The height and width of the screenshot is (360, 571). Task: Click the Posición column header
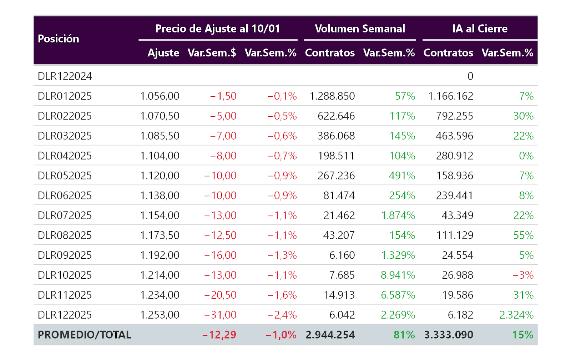pos(59,39)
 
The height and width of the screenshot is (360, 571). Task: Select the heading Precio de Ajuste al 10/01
pos(218,29)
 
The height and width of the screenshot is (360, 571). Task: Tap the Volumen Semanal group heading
pos(360,29)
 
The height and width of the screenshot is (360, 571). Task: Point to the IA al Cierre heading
pos(480,29)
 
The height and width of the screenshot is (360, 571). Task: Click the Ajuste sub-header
pos(163,53)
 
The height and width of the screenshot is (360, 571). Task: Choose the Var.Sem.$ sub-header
pos(212,53)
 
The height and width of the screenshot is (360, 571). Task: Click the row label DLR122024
pos(65,76)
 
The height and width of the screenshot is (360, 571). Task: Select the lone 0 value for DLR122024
pos(470,76)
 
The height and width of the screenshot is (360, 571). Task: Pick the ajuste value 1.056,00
pos(160,96)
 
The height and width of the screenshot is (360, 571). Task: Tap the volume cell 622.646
pos(336,116)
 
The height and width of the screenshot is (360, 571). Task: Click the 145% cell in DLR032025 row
pos(402,136)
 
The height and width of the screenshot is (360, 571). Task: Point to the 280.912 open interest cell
pos(455,156)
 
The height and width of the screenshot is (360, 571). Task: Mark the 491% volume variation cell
pos(402,176)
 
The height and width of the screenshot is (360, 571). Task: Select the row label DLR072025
pos(65,215)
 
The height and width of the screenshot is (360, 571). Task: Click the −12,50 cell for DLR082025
pos(220,235)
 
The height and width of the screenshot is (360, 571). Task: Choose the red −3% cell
pos(523,275)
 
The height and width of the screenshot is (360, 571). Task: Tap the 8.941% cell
pos(398,275)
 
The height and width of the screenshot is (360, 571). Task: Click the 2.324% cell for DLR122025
pos(516,315)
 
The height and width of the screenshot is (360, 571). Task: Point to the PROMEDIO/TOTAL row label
pos(84,335)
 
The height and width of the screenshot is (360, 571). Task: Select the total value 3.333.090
pos(449,335)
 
